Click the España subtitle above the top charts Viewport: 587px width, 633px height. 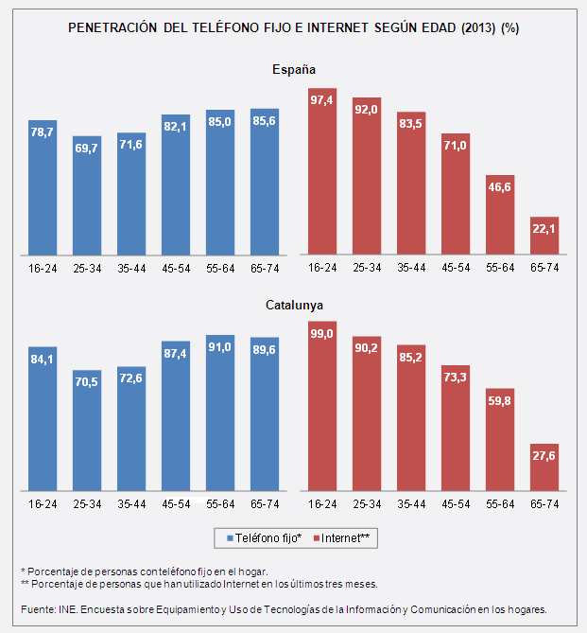[293, 70]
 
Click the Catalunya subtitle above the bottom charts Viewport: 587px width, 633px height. [293, 306]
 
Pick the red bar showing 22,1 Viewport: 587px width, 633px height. [545, 236]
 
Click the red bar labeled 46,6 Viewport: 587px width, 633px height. [501, 215]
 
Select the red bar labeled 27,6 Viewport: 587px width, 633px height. [545, 467]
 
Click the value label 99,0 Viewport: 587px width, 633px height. [323, 334]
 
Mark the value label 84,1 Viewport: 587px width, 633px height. [43, 360]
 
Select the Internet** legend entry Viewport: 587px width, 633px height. [345, 537]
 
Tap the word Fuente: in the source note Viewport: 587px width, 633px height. [39, 609]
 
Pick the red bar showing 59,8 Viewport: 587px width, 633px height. [501, 440]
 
